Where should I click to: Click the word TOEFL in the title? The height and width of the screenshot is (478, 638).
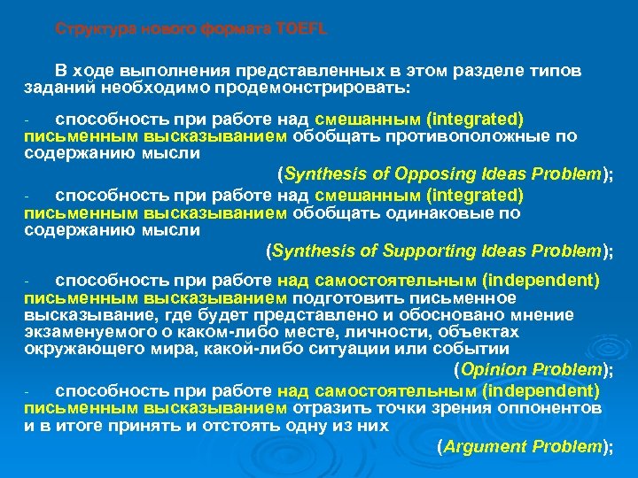(x=302, y=29)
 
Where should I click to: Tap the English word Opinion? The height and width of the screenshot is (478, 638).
(x=493, y=369)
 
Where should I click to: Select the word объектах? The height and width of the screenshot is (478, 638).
(x=485, y=332)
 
